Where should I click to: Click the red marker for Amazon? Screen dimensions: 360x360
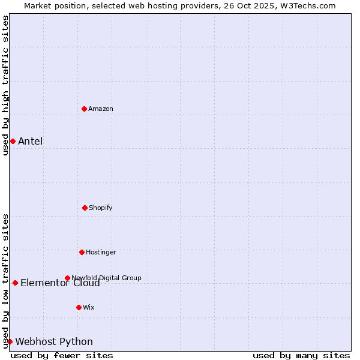click(84, 109)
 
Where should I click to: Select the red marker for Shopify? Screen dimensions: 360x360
click(85, 208)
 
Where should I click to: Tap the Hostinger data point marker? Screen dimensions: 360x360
click(82, 252)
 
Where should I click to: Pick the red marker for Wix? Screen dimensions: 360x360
click(79, 307)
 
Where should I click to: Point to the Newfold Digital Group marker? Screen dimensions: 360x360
click(67, 278)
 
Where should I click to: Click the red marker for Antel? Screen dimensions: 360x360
click(13, 141)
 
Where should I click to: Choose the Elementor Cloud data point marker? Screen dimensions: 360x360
click(15, 283)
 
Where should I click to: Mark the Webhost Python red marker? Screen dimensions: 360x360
click(10, 341)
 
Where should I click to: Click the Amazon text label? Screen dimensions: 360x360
click(101, 109)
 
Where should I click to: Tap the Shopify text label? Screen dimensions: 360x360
click(101, 208)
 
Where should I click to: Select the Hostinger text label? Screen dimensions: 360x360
click(101, 252)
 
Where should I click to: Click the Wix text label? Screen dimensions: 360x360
click(89, 307)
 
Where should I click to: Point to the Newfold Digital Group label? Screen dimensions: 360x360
click(106, 278)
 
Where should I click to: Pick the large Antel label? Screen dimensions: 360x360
click(30, 141)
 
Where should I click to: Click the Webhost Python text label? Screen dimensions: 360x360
click(54, 341)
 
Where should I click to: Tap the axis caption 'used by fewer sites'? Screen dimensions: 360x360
click(62, 355)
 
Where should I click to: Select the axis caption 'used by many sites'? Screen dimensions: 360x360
click(301, 355)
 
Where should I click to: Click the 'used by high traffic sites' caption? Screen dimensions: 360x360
click(5, 85)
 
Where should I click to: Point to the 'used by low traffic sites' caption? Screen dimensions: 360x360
click(5, 281)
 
